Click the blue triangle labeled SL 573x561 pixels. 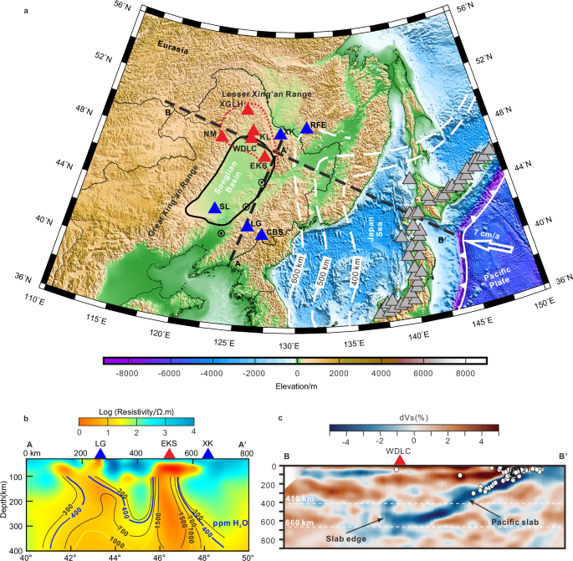coord(214,208)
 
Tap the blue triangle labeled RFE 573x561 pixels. coord(304,127)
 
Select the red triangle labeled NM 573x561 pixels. coord(222,135)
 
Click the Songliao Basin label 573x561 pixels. coord(219,171)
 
